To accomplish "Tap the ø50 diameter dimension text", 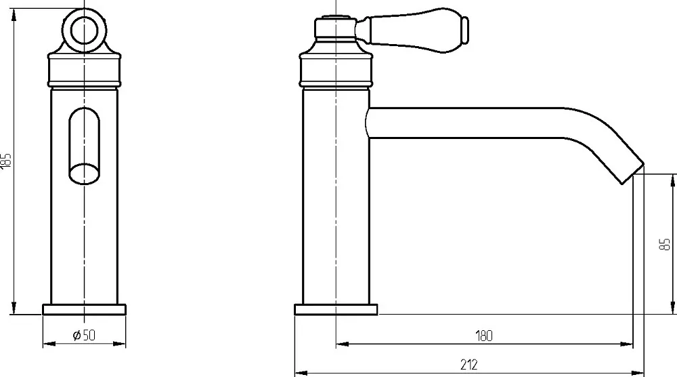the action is [x=84, y=335].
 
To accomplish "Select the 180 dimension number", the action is [x=483, y=336].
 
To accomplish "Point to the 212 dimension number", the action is [x=469, y=365].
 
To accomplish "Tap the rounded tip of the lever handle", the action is [x=465, y=31].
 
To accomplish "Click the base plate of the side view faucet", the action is [x=336, y=310].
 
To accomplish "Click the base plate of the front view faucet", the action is [x=84, y=310].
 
